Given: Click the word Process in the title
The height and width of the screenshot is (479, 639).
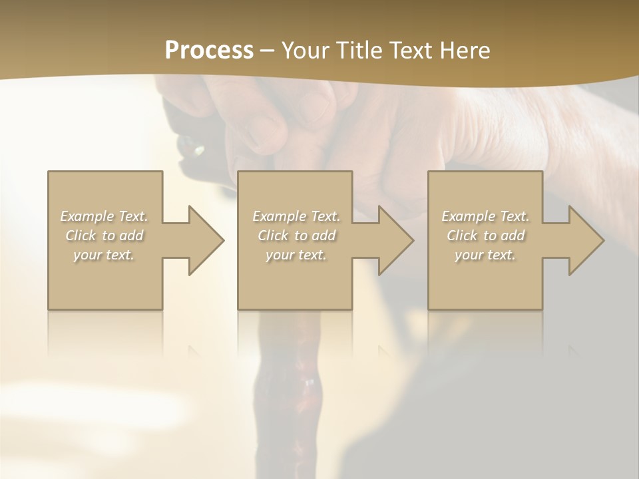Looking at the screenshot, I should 209,51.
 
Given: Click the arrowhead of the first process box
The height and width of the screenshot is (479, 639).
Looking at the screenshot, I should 206,240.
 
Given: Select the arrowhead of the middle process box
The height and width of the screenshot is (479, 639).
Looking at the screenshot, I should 396,240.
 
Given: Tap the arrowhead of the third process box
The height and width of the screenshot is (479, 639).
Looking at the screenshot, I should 586,240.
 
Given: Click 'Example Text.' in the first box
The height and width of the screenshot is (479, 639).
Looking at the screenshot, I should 105,216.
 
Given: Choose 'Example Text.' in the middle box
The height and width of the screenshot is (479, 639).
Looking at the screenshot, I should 296,216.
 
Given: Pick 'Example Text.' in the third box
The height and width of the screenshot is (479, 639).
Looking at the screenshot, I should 485,216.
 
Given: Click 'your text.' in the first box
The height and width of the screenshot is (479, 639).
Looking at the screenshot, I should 105,255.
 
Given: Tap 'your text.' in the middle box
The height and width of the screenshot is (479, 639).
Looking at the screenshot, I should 296,255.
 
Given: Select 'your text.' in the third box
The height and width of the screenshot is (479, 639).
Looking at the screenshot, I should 485,255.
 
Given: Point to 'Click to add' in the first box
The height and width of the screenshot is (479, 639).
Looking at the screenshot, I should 105,236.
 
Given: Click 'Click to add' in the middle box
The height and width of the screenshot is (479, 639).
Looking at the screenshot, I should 296,236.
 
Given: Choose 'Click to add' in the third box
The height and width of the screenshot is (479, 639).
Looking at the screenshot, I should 485,236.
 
